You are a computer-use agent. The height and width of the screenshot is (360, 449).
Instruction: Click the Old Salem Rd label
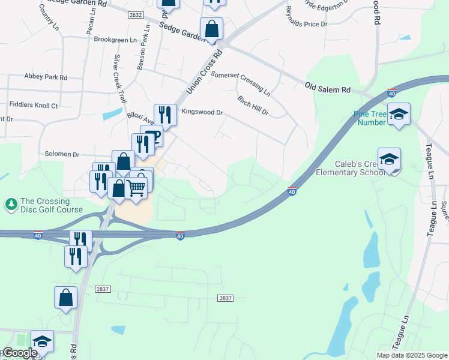coord(328,88)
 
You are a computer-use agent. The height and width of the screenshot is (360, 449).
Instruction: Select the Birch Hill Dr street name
coord(253,105)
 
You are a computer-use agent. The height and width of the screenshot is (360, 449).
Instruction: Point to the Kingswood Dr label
coord(202,112)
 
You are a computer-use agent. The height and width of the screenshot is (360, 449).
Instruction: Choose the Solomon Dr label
coord(62,155)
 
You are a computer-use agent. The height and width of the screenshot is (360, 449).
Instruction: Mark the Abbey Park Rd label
coord(46,77)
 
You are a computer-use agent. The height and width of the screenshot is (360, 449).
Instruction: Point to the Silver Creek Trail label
coord(119,80)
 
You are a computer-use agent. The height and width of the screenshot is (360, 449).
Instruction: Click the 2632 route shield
coord(136,15)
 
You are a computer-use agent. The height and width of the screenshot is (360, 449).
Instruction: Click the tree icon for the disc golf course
coord(11,205)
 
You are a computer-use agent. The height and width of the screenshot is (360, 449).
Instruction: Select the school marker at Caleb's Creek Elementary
coord(389,160)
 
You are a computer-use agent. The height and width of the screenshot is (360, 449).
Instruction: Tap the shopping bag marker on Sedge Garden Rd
coord(212,28)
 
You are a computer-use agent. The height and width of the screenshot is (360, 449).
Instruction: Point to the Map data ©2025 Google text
coord(411,355)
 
